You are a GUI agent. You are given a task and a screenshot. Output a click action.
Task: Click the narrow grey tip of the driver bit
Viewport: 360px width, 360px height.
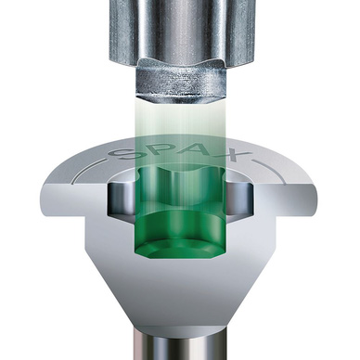(181, 84)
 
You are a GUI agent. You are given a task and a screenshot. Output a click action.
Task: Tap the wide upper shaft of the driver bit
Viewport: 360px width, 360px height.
(180, 31)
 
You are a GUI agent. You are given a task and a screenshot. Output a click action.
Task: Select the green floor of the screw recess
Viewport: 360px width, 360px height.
(179, 249)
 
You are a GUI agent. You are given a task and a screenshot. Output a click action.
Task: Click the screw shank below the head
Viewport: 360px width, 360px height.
(179, 343)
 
